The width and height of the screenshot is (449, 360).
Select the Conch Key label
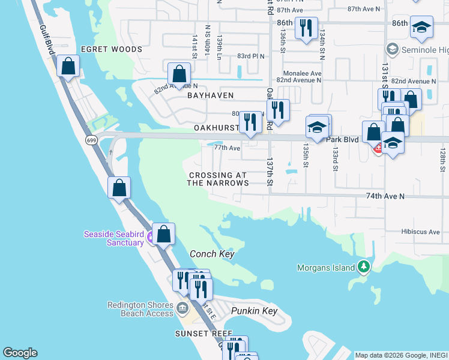pyautogui.click(x=211, y=254)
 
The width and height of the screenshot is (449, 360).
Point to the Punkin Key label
pyautogui.click(x=255, y=311)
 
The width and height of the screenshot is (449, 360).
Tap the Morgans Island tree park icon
pyautogui.click(x=363, y=266)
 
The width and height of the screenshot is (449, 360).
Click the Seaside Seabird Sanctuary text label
pyautogui.click(x=113, y=238)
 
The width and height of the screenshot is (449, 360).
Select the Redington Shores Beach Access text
pyautogui.click(x=140, y=309)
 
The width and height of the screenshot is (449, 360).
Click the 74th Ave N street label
pyautogui.click(x=385, y=196)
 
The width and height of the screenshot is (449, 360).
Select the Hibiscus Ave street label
pyautogui.click(x=421, y=232)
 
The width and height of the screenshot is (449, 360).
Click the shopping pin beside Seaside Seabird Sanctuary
pyautogui.click(x=163, y=234)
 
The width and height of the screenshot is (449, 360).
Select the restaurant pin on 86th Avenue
pyautogui.click(x=306, y=28)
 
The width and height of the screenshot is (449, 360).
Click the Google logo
pyautogui.click(x=20, y=353)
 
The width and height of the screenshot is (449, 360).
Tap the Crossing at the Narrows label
pyautogui.click(x=217, y=179)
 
